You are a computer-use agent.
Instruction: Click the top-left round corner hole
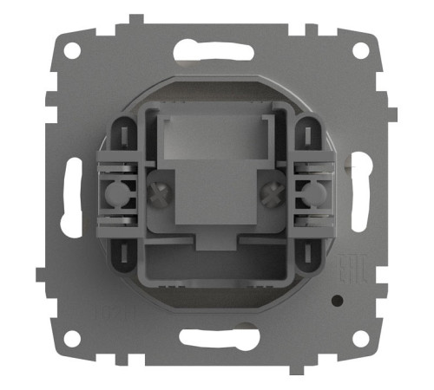coord(73,50)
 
